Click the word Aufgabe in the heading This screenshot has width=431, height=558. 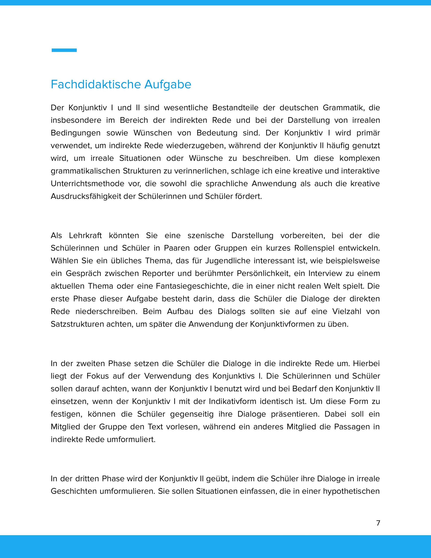pyautogui.click(x=168, y=84)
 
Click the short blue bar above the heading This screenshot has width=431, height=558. pyautogui.click(x=64, y=50)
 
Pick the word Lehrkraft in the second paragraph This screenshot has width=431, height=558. pyautogui.click(x=85, y=235)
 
